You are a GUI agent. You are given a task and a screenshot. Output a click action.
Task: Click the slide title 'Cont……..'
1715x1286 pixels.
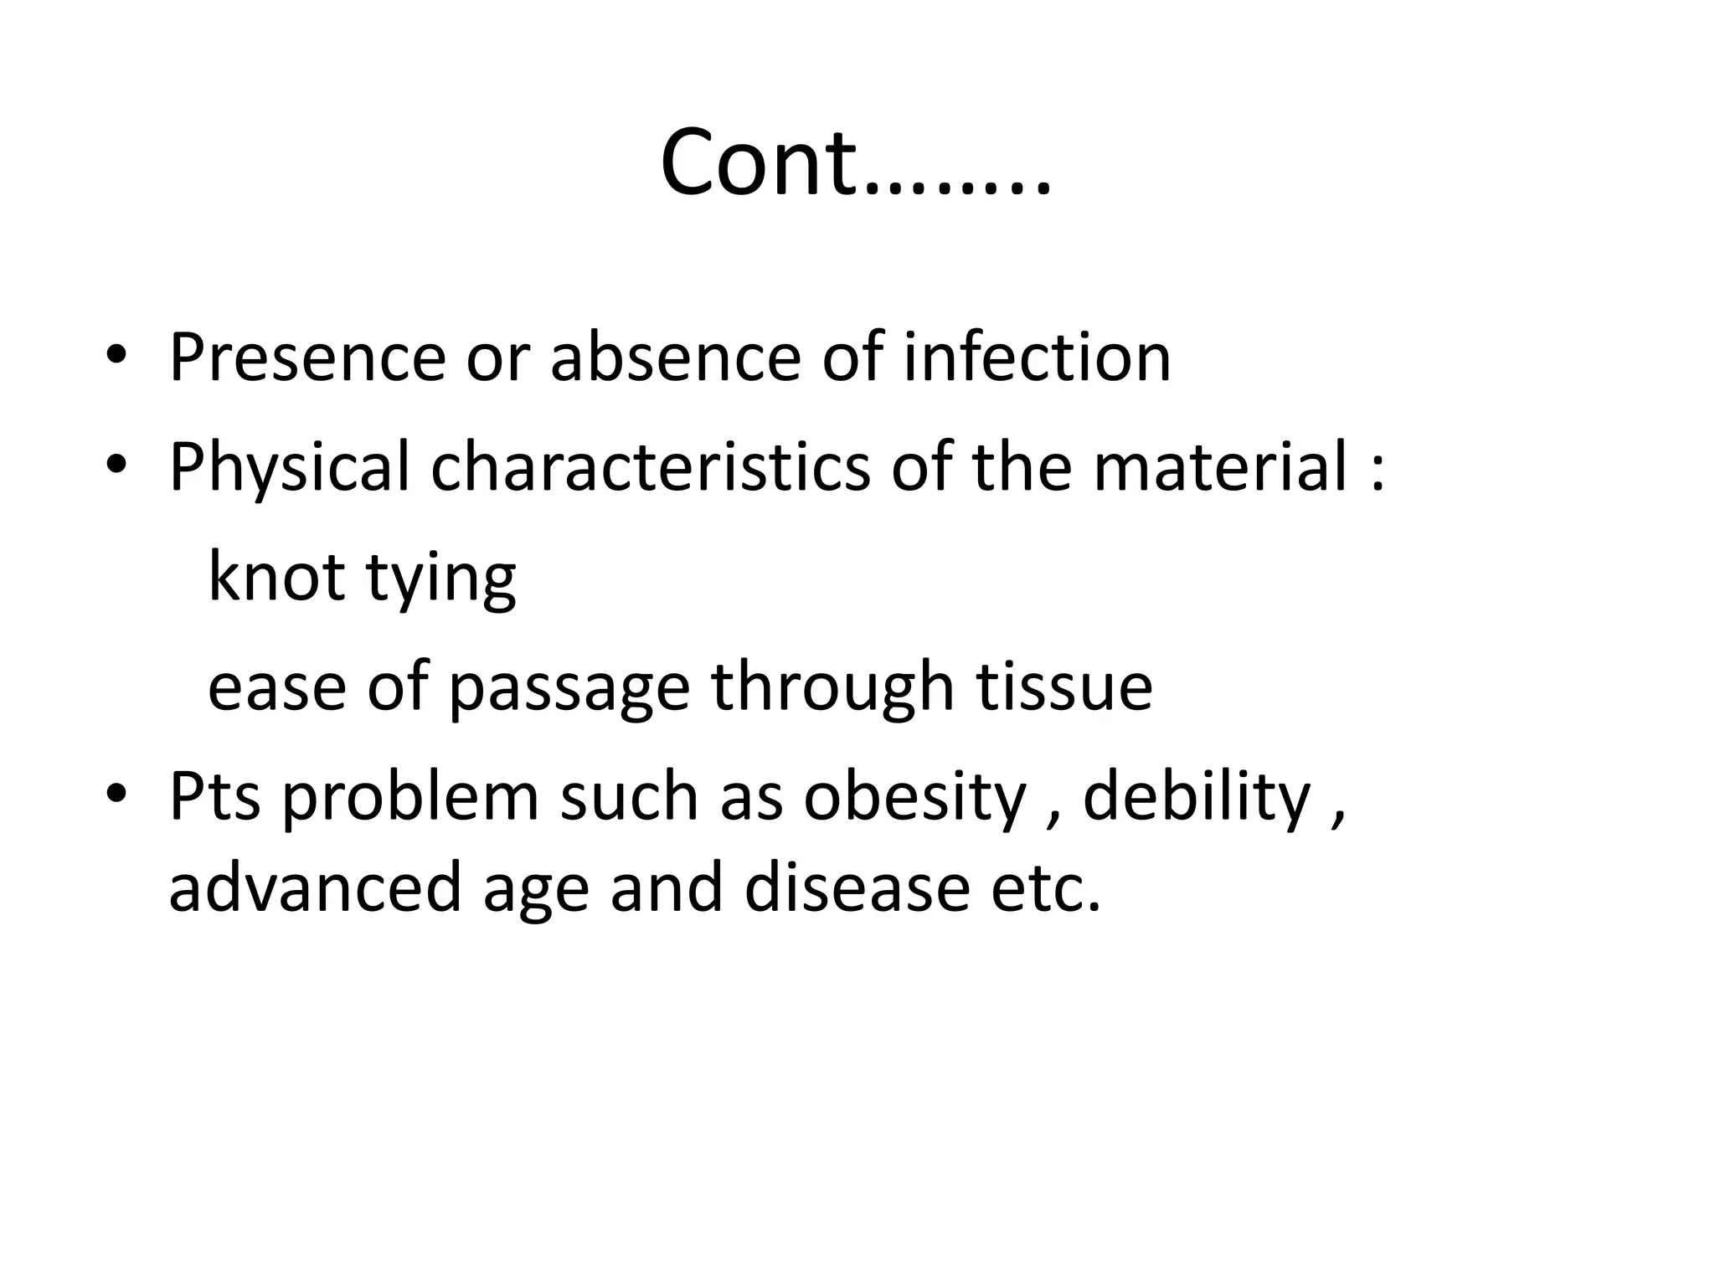tap(855, 162)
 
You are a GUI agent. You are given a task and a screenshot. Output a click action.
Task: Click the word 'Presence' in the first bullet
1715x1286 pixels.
tap(306, 358)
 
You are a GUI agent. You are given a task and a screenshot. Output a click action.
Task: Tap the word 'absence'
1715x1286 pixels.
tap(675, 358)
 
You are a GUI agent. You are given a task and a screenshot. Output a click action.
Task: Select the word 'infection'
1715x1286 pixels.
tap(1037, 358)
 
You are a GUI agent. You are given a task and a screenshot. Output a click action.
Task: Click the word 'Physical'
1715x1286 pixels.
tap(289, 467)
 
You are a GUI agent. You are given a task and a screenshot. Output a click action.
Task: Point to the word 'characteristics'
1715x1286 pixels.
tap(650, 467)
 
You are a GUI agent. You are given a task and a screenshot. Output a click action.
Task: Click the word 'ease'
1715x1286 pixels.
tap(276, 687)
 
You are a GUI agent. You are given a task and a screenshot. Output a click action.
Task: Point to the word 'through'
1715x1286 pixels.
tap(833, 687)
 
